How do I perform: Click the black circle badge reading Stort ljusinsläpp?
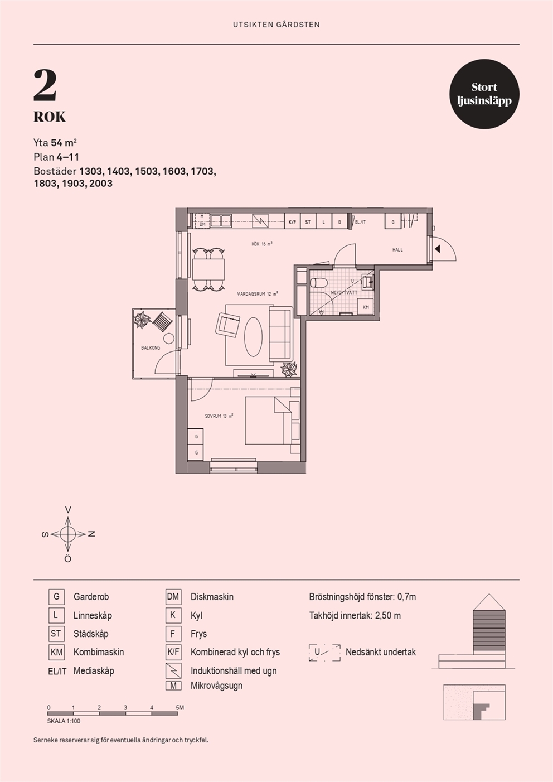coord(484,94)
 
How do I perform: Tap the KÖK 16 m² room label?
coord(262,244)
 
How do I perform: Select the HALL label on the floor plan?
coord(397,250)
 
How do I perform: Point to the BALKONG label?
coord(151,347)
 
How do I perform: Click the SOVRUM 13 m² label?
coord(219,416)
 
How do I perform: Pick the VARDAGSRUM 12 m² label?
coord(258,294)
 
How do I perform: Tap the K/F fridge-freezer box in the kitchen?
coord(292,221)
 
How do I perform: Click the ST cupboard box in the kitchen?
coord(308,221)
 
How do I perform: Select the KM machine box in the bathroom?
coord(366,307)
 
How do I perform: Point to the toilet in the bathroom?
coord(318,282)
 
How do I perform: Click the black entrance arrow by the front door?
coord(437,249)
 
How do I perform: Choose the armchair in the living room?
coord(228,324)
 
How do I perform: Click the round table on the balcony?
coord(169,338)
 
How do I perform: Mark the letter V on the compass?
coord(69,510)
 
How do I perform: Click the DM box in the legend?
coord(173,597)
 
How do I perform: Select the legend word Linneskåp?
coord(93,615)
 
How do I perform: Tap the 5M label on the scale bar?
coord(180,708)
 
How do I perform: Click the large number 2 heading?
coord(45,85)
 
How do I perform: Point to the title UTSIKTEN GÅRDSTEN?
coord(276,25)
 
